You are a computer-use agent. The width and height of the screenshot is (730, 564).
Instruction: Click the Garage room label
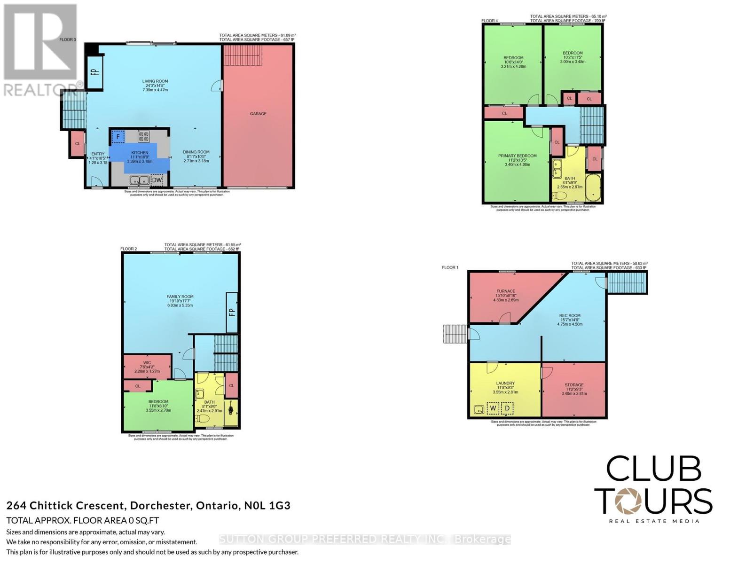(x=258, y=114)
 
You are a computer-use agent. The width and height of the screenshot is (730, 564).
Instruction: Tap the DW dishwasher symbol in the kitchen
(x=157, y=180)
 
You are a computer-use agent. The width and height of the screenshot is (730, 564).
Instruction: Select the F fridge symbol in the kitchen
(x=118, y=137)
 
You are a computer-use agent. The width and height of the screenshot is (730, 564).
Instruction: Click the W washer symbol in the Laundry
(x=493, y=408)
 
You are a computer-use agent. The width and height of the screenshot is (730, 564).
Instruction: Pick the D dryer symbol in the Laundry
(x=507, y=408)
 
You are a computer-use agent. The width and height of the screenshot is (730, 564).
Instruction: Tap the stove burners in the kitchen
(x=144, y=136)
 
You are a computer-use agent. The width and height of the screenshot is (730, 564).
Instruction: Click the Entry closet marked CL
(x=78, y=144)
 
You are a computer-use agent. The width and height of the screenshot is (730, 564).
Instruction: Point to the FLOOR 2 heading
(x=128, y=249)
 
